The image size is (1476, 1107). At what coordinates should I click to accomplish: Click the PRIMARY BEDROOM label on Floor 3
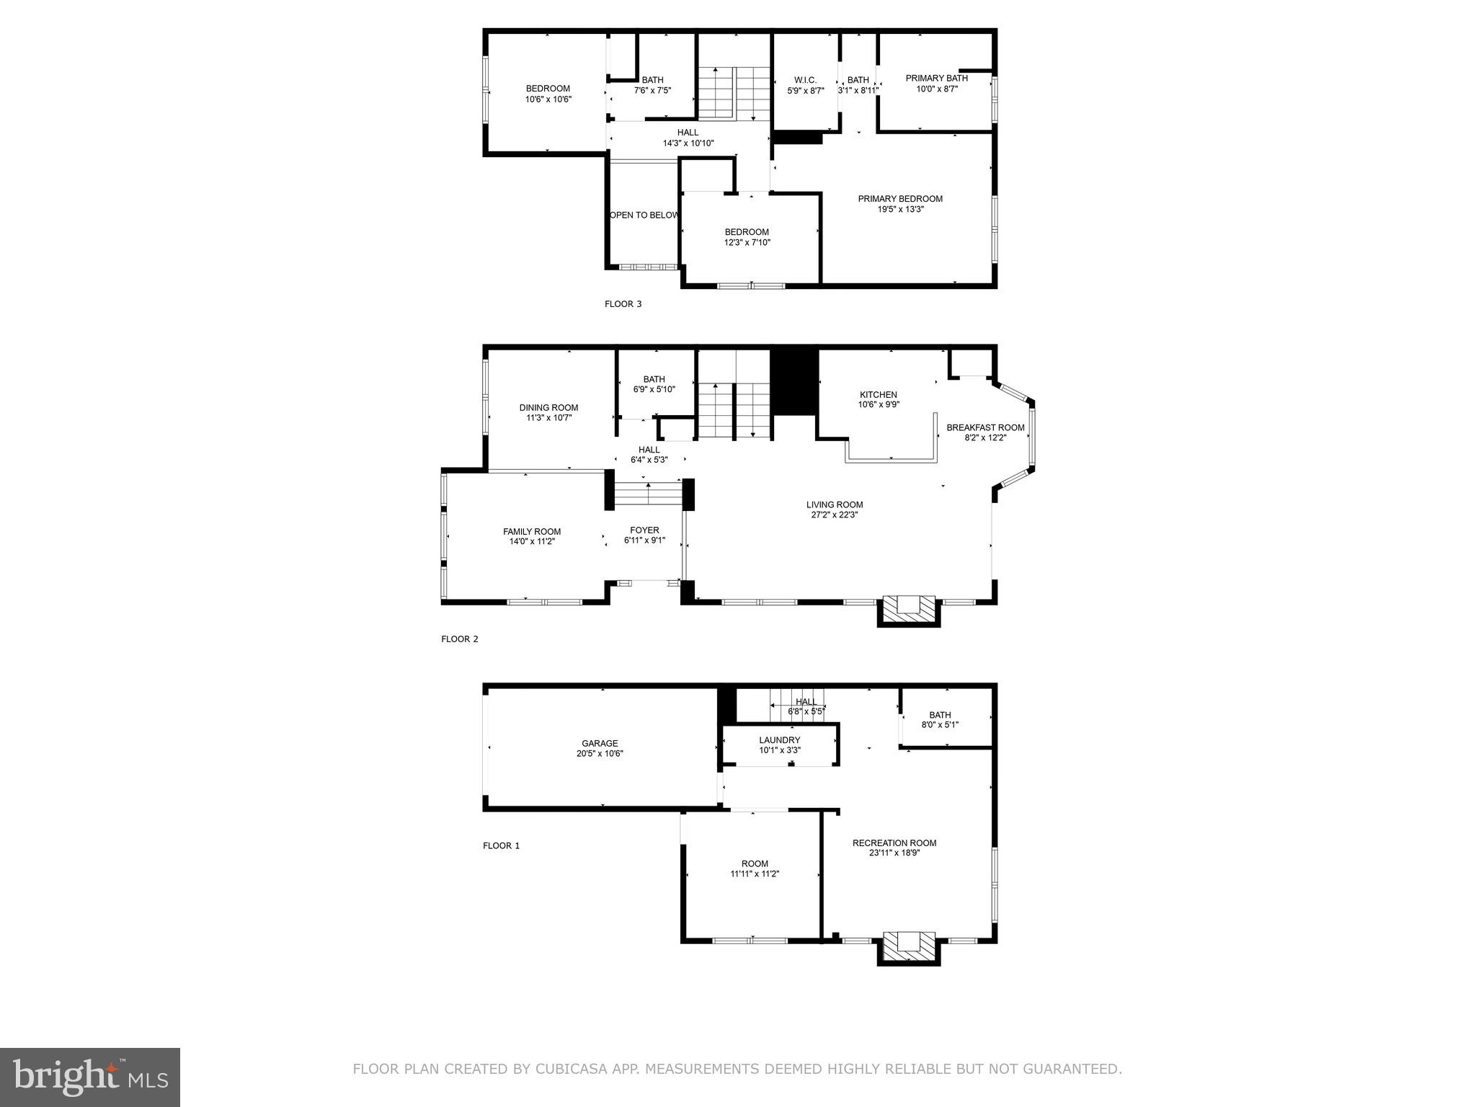point(900,199)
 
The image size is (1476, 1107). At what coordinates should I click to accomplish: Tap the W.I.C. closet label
point(805,80)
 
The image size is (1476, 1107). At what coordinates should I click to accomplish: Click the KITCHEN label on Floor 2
point(878,395)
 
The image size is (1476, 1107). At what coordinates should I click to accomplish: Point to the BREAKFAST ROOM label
point(985,427)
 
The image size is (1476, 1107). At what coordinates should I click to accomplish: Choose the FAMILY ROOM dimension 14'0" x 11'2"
point(532,542)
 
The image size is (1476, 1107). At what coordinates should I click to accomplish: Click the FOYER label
point(644,530)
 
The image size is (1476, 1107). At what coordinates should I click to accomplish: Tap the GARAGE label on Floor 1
point(600,744)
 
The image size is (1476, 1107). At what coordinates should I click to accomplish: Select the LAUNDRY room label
point(779,740)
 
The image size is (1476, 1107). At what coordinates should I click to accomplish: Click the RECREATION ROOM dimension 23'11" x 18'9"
point(894,853)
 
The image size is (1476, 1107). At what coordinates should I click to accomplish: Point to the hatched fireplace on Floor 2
point(908,608)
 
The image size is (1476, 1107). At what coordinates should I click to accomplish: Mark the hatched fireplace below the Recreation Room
point(908,946)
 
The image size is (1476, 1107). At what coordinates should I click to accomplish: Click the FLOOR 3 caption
point(623,304)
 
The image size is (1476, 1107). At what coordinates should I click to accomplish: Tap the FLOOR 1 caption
point(501,846)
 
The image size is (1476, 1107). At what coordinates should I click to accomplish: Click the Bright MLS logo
point(90,1077)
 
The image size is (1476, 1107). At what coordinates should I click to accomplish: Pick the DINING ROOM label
point(548,408)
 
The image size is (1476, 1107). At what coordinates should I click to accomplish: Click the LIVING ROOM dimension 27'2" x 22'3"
point(834,515)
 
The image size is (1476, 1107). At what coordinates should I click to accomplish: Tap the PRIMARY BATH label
point(936,79)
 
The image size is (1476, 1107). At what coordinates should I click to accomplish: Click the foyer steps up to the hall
point(648,496)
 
